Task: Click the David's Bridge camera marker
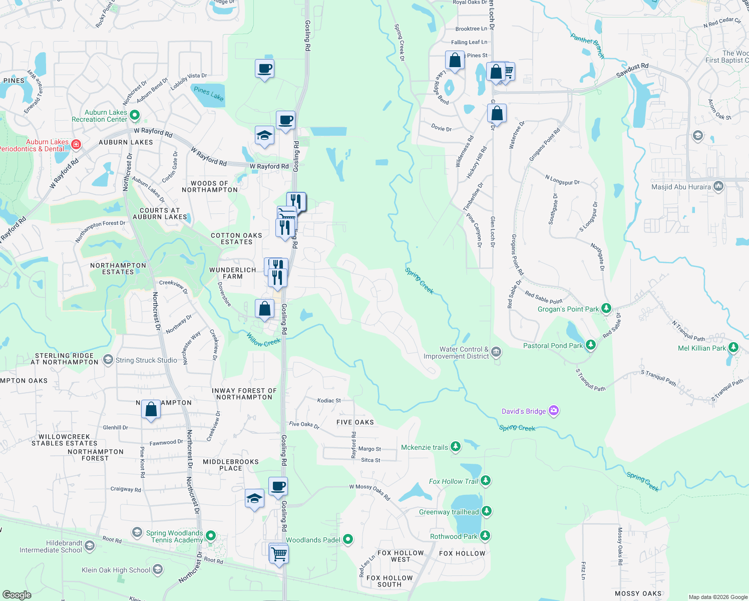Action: (x=553, y=411)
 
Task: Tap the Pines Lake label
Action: (x=208, y=93)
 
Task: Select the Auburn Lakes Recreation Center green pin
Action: (x=135, y=116)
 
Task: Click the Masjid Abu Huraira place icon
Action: (x=718, y=187)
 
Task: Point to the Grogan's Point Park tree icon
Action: (x=606, y=309)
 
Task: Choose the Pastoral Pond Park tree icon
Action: (x=591, y=345)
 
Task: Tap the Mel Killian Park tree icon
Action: (x=733, y=348)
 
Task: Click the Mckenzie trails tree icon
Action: (x=456, y=447)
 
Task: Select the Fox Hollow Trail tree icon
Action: (x=486, y=481)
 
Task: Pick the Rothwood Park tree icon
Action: (x=485, y=536)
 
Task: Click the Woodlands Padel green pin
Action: (x=348, y=539)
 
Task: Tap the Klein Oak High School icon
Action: (x=158, y=569)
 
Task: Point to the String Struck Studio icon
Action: (x=108, y=360)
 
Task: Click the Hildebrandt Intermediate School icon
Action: (x=90, y=546)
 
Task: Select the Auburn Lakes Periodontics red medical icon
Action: (x=76, y=145)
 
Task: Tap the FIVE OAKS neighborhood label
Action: (x=355, y=422)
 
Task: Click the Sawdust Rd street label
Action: (x=632, y=71)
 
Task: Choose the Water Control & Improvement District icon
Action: (x=496, y=352)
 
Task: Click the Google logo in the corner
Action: (x=17, y=595)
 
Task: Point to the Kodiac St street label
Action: (x=329, y=401)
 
